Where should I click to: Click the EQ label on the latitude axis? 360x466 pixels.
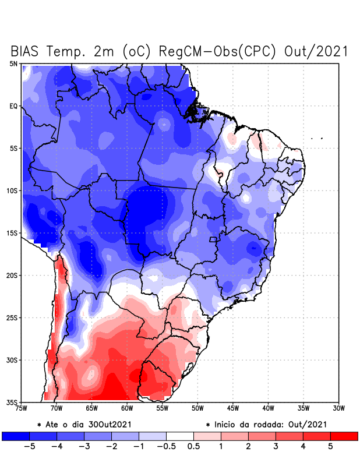(13, 106)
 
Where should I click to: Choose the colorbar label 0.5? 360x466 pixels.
(193, 446)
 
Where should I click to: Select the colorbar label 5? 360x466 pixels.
(330, 446)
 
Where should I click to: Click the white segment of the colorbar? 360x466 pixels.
(180, 436)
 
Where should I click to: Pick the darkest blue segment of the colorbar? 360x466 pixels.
(16, 436)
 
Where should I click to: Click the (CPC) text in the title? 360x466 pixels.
(262, 51)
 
